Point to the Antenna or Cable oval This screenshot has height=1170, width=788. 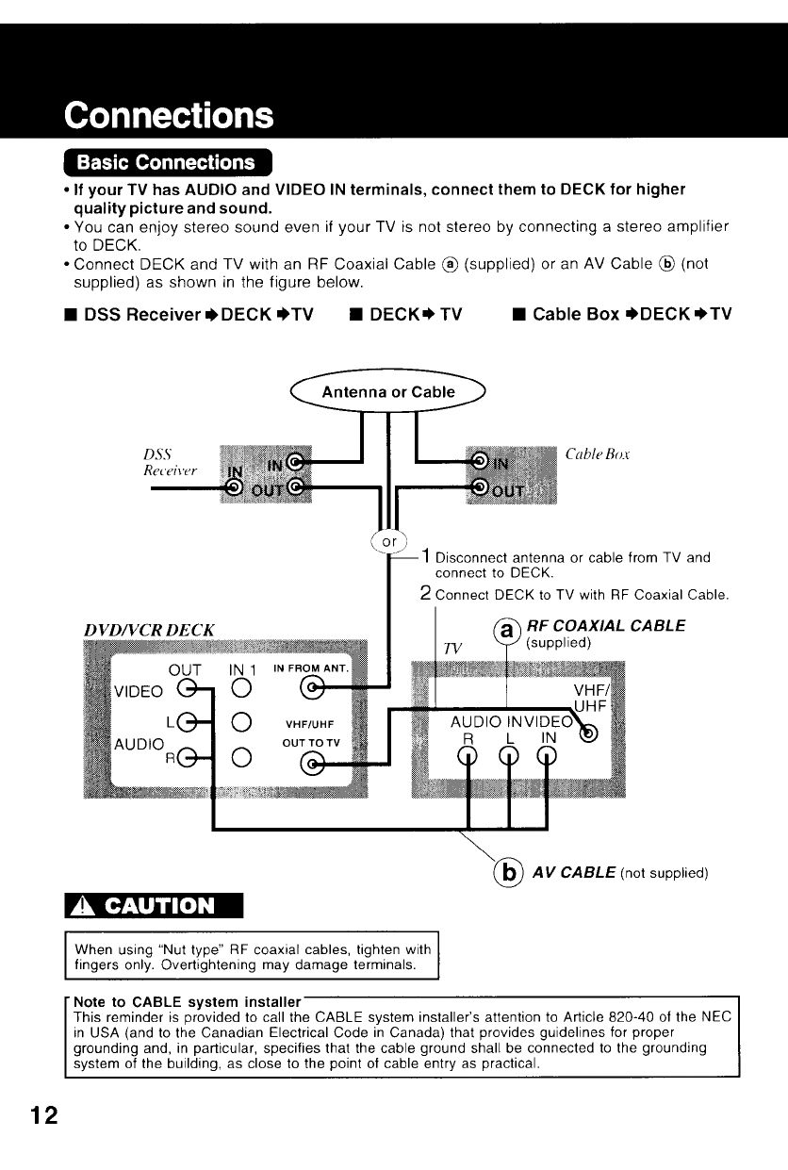(x=388, y=392)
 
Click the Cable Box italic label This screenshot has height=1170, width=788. (x=598, y=454)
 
